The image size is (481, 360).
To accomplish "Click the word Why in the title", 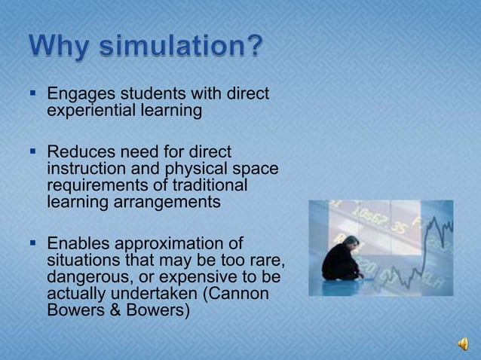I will pyautogui.click(x=62, y=48).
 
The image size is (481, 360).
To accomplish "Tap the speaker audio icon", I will pyautogui.click(x=461, y=343).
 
